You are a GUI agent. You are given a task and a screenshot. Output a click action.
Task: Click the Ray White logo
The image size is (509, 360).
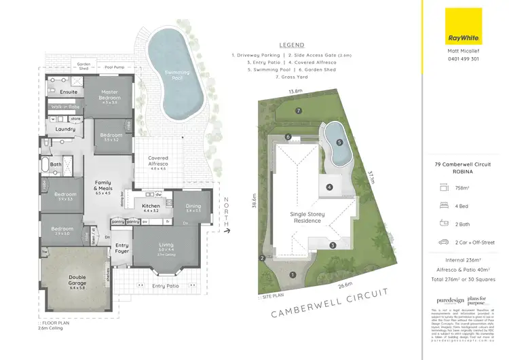pyautogui.click(x=463, y=25)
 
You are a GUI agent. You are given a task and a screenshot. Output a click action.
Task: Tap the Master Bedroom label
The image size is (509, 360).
pyautogui.click(x=110, y=95)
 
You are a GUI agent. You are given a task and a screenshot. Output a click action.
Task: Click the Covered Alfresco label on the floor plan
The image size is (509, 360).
pyautogui.click(x=158, y=161)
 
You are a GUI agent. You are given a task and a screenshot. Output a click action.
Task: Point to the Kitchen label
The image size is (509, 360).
pyautogui.click(x=151, y=207)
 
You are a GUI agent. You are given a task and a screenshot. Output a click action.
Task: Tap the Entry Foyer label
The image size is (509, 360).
pyautogui.click(x=122, y=248)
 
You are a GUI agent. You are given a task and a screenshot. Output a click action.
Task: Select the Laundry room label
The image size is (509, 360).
pyautogui.click(x=65, y=128)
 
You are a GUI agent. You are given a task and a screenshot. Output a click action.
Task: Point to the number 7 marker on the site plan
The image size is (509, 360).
pyautogui.click(x=297, y=110)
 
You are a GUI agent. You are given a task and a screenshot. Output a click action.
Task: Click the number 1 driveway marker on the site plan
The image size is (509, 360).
pyautogui.click(x=293, y=275)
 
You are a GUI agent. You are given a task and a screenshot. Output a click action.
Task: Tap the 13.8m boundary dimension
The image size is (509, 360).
pyautogui.click(x=295, y=90)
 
